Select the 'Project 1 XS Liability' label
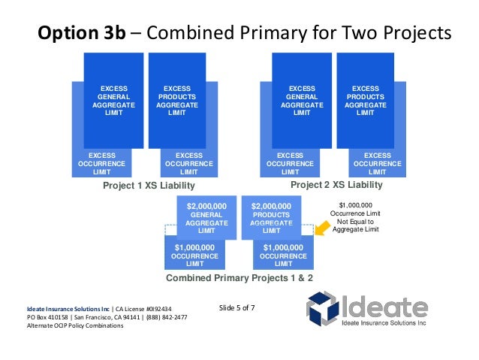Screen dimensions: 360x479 click(x=148, y=186)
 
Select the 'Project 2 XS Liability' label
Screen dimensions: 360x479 click(x=336, y=185)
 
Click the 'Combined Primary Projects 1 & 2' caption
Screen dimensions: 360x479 click(x=239, y=277)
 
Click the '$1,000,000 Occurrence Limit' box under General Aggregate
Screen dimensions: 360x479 click(x=194, y=256)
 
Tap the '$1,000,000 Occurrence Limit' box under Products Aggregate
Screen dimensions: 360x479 click(x=283, y=256)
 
